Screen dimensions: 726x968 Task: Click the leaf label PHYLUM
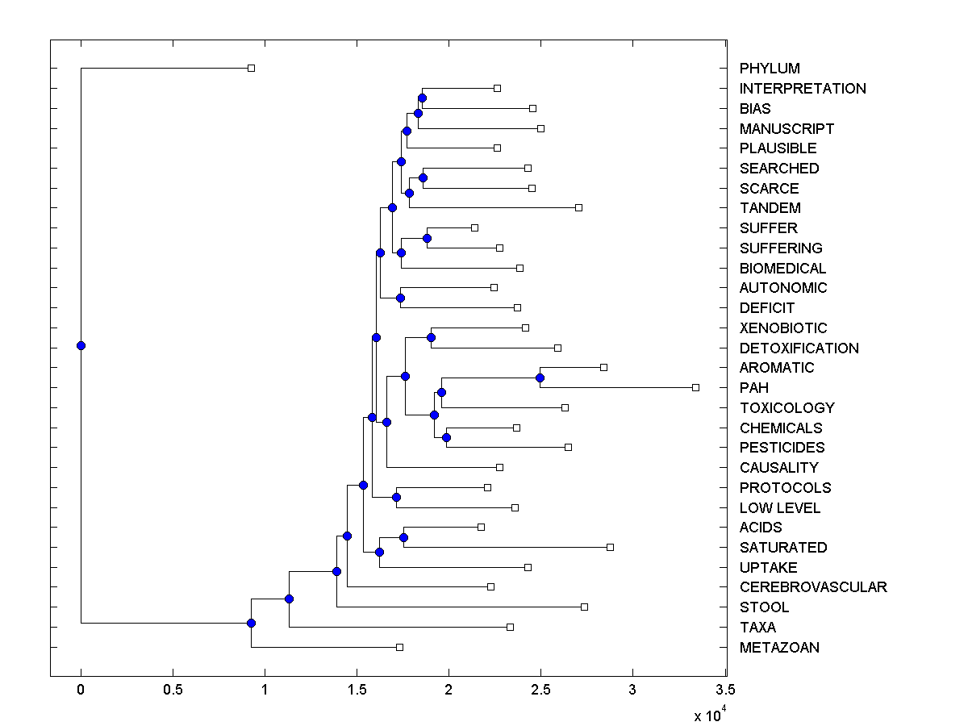[x=770, y=69]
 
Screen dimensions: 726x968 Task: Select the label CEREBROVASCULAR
[x=813, y=587]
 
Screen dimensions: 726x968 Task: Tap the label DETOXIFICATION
[x=799, y=348]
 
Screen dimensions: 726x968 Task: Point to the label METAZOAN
[x=779, y=648]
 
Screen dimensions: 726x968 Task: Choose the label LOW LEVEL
[x=779, y=508]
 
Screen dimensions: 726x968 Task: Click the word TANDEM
[x=770, y=208]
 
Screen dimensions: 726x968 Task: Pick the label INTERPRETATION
[x=803, y=89]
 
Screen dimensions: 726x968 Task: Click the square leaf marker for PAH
[x=695, y=387]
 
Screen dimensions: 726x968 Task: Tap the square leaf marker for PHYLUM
[x=251, y=68]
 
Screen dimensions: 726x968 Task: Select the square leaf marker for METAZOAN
[x=399, y=647]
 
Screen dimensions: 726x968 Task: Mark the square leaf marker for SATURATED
[x=610, y=547]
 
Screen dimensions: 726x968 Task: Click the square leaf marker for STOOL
[x=584, y=607]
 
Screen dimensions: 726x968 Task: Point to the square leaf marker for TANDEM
[x=578, y=207]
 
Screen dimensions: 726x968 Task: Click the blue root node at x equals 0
[x=81, y=345]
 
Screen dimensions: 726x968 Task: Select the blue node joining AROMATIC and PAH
[x=540, y=378]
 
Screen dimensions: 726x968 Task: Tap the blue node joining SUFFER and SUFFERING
[x=427, y=238]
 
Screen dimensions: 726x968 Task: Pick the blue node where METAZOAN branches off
[x=251, y=623]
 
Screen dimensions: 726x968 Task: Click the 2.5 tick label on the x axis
[x=540, y=690]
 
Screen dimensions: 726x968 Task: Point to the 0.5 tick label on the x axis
[x=173, y=690]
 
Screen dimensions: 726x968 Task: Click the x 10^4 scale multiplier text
[x=710, y=715]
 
